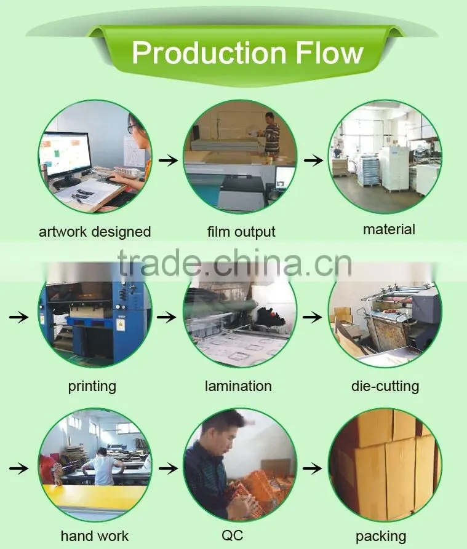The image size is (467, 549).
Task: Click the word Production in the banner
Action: coord(209,53)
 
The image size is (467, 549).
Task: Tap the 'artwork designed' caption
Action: coord(95,232)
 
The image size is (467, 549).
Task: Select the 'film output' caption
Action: coord(241,232)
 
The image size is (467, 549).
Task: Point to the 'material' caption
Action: coord(389,230)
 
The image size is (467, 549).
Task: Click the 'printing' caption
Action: coord(92,387)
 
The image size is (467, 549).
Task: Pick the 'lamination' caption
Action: coord(238,386)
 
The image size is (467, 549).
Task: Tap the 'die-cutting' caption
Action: coord(385,386)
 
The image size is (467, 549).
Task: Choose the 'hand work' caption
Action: coord(95,536)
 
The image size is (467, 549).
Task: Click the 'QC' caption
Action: coord(232,535)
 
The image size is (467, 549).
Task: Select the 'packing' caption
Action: coord(381,537)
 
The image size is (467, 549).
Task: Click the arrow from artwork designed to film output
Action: coord(168,160)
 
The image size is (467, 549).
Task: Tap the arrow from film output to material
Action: coord(314,160)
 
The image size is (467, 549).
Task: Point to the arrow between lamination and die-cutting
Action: coord(312,317)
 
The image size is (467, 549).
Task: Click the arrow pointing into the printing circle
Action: coord(19,317)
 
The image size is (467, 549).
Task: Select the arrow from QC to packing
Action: coord(312,468)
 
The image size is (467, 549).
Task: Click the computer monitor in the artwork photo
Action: coord(65,156)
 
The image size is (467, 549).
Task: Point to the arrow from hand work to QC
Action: coord(168,468)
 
